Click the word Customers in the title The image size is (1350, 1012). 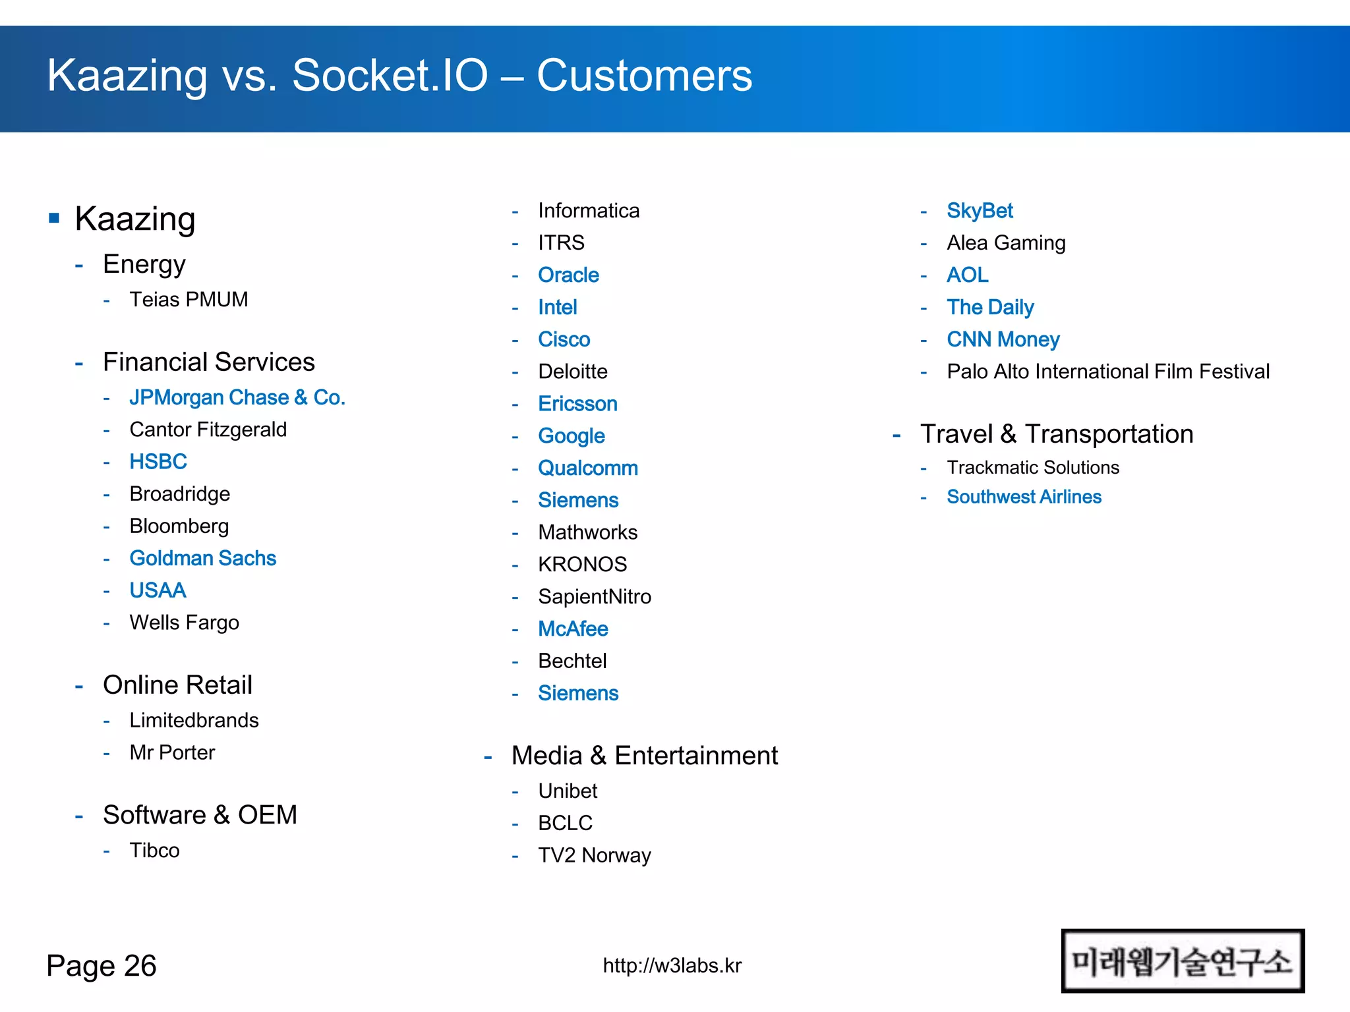point(644,75)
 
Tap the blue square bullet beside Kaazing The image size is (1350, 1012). point(55,218)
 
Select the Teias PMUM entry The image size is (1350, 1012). point(189,300)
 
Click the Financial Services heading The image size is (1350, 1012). point(208,362)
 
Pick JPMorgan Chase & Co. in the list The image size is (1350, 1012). point(237,397)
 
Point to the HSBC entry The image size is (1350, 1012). point(158,462)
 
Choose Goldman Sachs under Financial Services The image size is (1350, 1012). point(203,559)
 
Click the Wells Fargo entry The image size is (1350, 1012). point(185,623)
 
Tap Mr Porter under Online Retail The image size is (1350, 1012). point(172,752)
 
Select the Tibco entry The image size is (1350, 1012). point(154,851)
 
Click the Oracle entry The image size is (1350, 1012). point(568,275)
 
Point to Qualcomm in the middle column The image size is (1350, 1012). point(588,468)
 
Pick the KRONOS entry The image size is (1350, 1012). point(583,565)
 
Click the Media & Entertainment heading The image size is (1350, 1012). point(645,756)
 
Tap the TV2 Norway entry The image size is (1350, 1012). point(595,855)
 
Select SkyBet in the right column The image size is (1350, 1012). point(980,211)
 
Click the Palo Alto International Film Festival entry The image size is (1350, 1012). point(1108,372)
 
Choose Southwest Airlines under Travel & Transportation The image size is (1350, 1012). point(1024,497)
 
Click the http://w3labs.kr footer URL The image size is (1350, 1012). point(672,966)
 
